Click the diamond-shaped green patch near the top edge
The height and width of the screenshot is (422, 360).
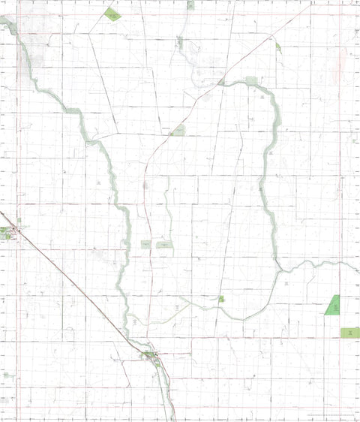(x=112, y=14)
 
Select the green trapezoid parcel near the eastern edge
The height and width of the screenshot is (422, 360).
(x=331, y=305)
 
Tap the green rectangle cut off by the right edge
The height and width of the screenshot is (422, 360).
(x=350, y=333)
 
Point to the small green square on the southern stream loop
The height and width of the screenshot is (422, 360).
(x=221, y=299)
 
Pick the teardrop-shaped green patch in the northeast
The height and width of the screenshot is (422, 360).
(x=278, y=47)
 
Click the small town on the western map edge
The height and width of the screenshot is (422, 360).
(x=7, y=233)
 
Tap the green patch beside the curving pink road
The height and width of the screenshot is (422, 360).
(x=178, y=131)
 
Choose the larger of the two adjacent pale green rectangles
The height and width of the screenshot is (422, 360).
(x=163, y=244)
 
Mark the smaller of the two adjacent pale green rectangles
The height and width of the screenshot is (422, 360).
(x=145, y=245)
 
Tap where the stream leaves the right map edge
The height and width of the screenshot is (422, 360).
(x=358, y=269)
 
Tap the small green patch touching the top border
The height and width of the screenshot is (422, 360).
(x=190, y=5)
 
